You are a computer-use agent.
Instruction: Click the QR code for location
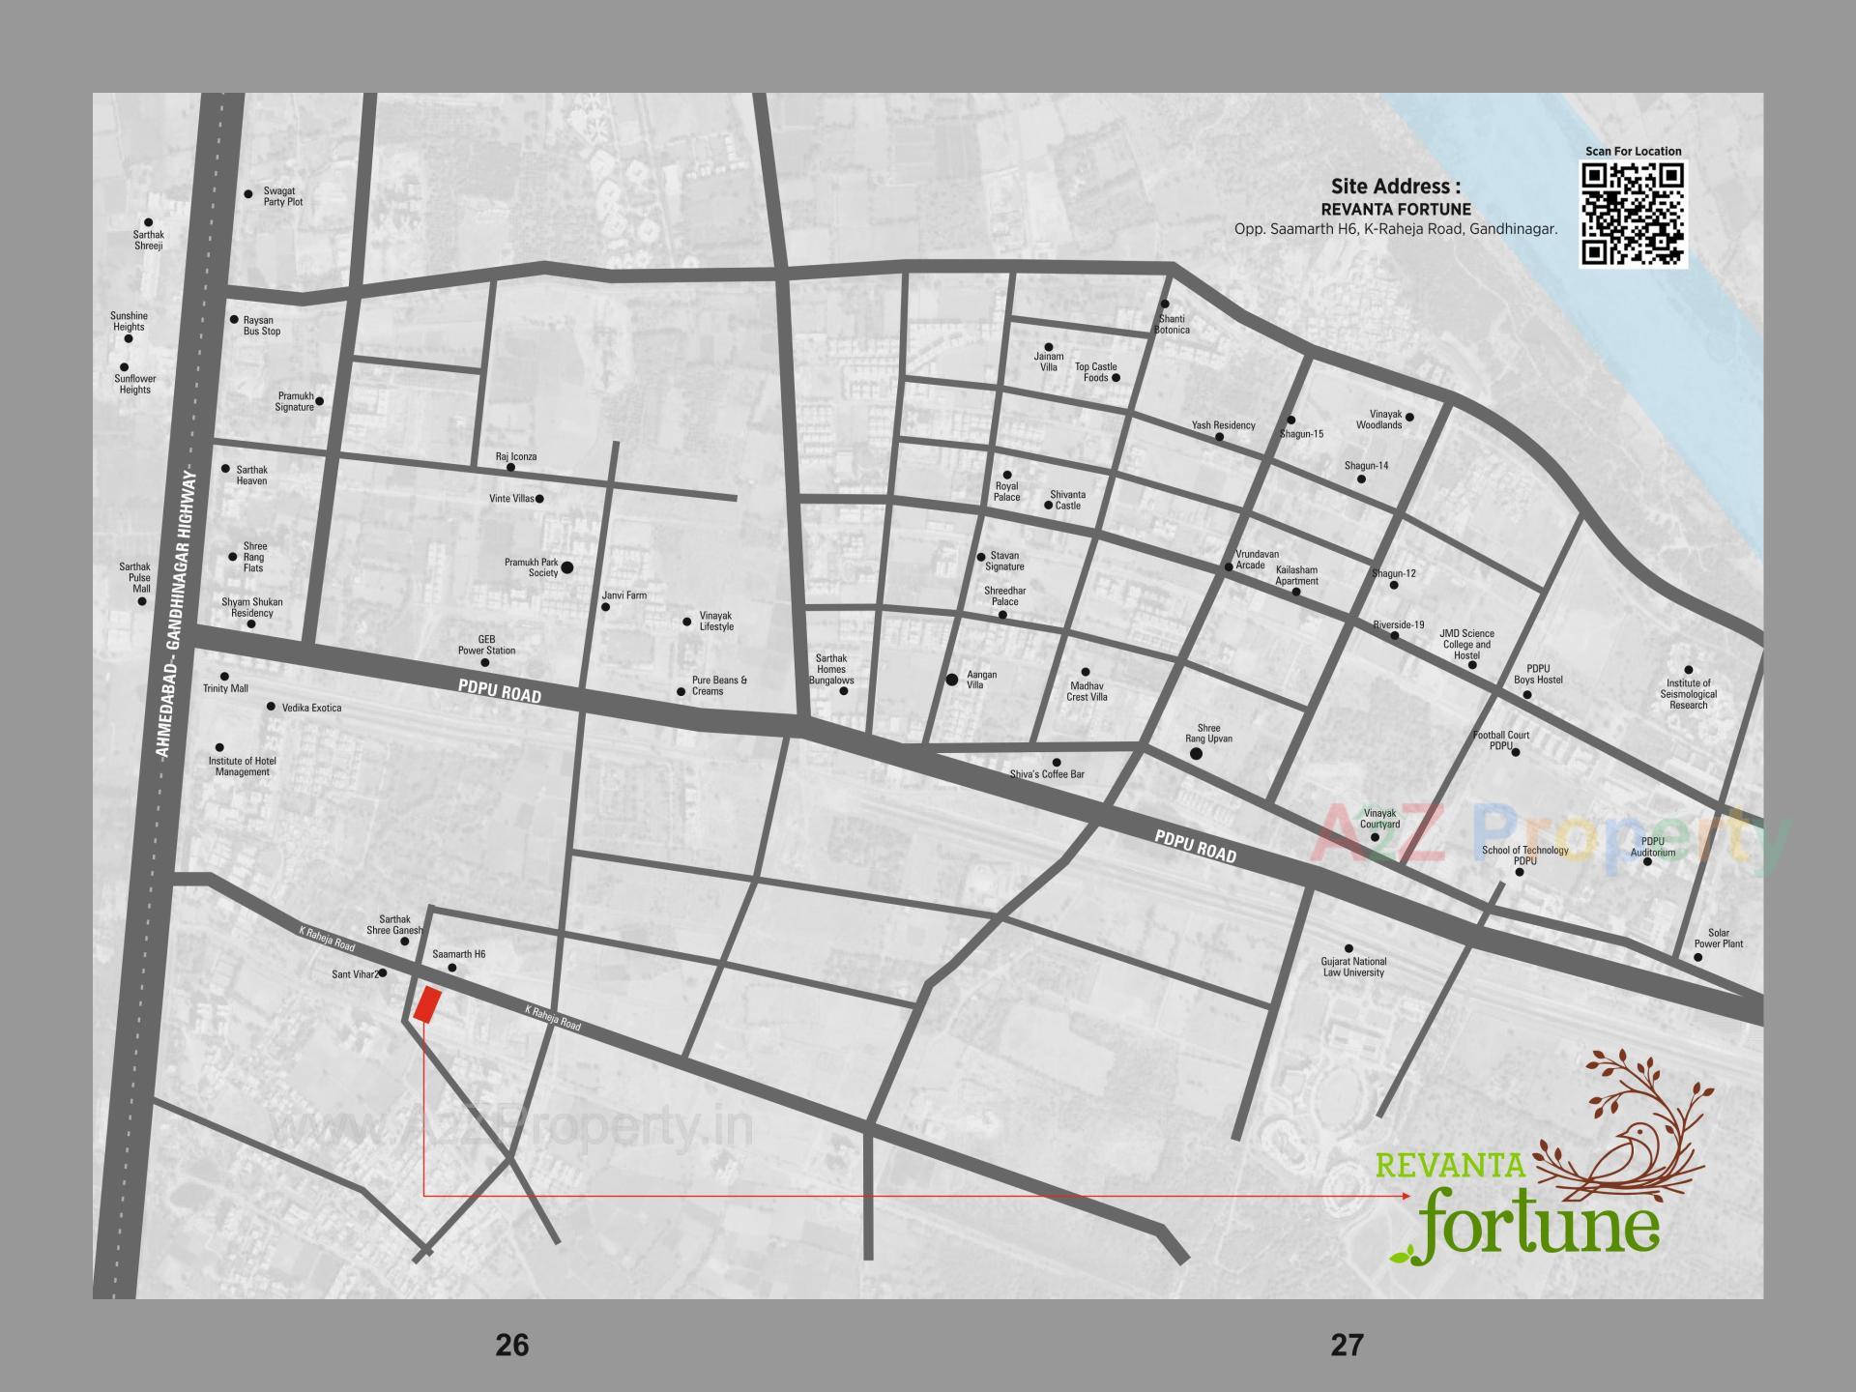click(1633, 215)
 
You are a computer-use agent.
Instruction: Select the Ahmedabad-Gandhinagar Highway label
click(178, 613)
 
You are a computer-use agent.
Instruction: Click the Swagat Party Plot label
click(282, 197)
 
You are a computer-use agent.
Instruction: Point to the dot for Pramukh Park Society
click(567, 568)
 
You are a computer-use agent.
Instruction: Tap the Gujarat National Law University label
click(1353, 967)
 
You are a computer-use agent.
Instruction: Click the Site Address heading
click(1395, 187)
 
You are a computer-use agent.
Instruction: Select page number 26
click(511, 1345)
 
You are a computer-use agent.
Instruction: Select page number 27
click(1347, 1345)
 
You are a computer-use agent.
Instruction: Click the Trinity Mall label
click(225, 688)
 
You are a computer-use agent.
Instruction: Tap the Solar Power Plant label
click(1718, 939)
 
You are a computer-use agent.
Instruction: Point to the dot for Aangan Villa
click(952, 681)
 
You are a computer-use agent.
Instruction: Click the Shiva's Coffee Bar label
click(1046, 774)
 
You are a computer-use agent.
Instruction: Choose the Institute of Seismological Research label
click(1688, 694)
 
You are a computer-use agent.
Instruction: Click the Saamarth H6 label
click(458, 954)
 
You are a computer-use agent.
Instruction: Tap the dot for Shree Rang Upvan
click(1196, 753)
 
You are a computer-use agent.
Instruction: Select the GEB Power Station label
click(486, 645)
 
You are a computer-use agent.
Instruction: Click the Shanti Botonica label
click(1172, 324)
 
